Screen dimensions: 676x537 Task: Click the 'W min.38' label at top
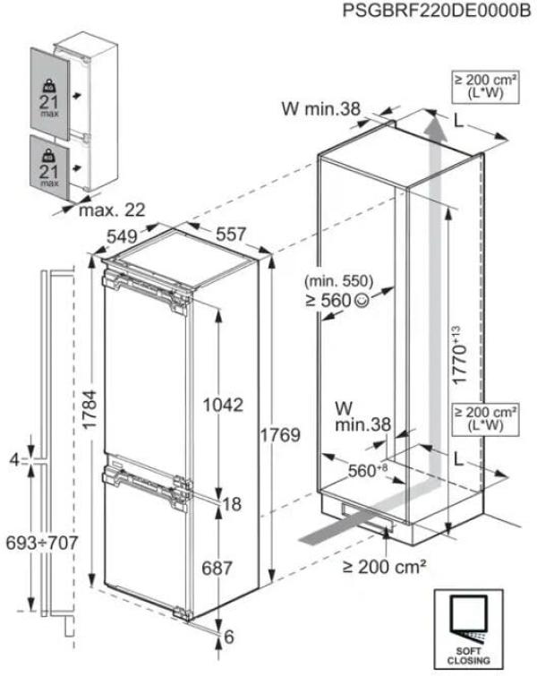[320, 110]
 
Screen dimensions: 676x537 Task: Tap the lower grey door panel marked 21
[49, 164]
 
